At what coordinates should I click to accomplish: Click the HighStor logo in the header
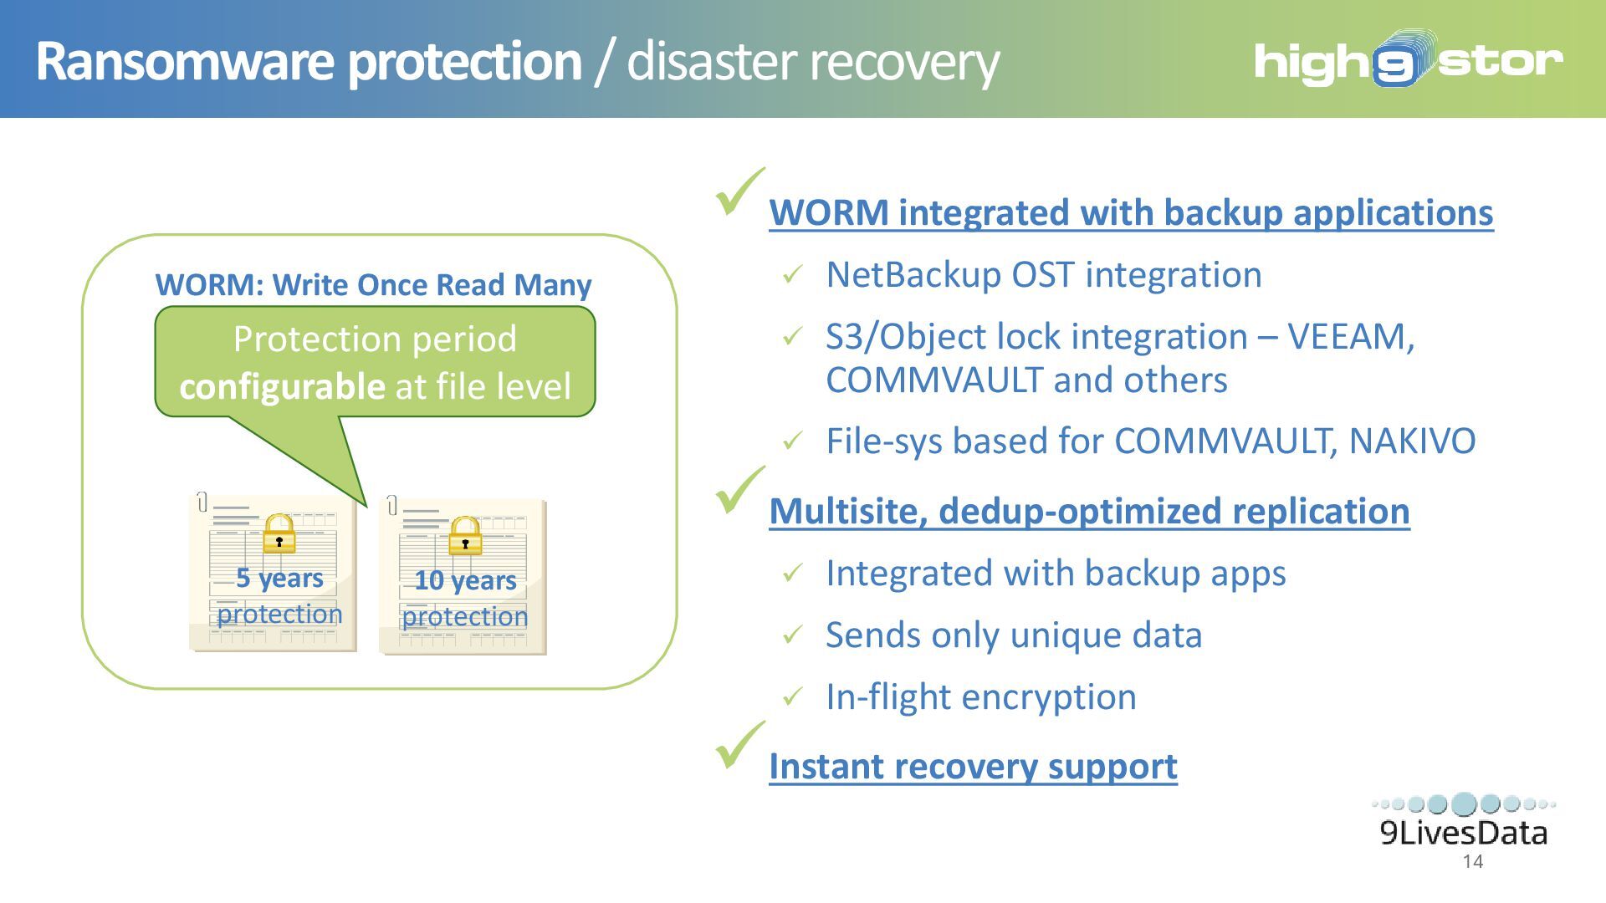coord(1408,60)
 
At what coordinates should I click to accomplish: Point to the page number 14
coord(1473,862)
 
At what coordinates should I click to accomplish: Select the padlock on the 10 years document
coord(465,536)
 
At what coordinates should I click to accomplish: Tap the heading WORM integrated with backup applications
coord(1131,212)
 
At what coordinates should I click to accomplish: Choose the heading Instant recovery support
coord(973,766)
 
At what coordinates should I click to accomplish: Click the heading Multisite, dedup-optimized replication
coord(1089,511)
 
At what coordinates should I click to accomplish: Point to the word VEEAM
coord(1348,337)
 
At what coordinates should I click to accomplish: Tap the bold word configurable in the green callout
coord(282,387)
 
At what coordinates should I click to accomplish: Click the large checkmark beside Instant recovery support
coord(739,745)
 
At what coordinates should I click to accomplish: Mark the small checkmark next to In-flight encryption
coord(793,696)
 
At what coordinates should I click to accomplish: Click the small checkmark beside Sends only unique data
coord(793,635)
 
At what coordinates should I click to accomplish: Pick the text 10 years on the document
coord(465,580)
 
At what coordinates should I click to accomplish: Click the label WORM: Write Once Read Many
coord(373,285)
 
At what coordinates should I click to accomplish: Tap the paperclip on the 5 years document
coord(202,502)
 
